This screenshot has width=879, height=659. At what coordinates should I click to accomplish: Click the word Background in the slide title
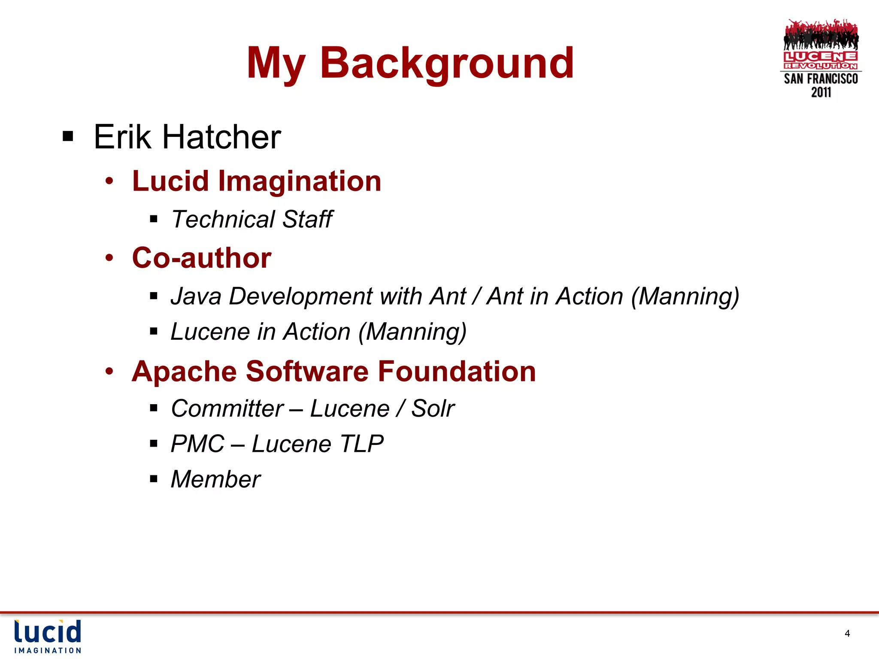click(446, 63)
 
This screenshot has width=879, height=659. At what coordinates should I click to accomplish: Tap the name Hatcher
click(221, 137)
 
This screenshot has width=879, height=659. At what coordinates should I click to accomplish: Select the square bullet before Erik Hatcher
click(68, 137)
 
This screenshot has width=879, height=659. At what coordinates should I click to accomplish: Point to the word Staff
click(307, 219)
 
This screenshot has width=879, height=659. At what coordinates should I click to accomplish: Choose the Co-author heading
click(202, 258)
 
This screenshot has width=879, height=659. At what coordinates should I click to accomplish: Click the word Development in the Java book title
click(301, 296)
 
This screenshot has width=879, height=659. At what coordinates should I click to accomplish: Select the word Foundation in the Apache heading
click(457, 371)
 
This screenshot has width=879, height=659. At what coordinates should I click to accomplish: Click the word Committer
click(227, 408)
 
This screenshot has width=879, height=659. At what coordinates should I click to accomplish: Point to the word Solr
click(433, 408)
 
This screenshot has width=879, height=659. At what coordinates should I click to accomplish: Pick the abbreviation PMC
click(197, 444)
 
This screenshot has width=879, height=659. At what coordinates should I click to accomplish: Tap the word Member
click(215, 479)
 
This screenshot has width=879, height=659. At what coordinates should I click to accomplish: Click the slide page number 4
click(847, 634)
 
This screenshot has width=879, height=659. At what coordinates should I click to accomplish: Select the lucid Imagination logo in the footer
click(48, 636)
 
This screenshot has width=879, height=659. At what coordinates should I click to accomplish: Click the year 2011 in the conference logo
click(821, 92)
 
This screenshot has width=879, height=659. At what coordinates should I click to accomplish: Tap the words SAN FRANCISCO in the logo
click(821, 79)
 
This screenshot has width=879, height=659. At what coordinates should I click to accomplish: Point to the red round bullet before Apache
click(109, 371)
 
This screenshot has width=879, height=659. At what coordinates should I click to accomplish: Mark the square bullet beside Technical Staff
click(154, 220)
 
